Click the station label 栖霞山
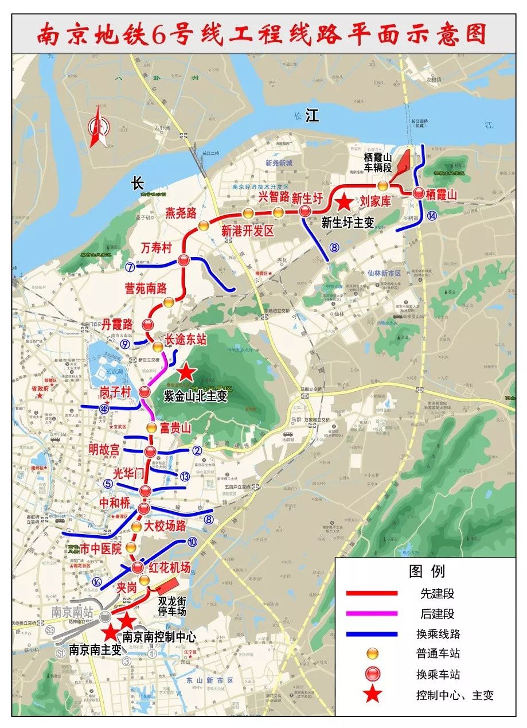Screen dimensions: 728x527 (x=442, y=195)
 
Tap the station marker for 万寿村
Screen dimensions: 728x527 (x=184, y=261)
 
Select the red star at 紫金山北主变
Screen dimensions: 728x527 (x=186, y=373)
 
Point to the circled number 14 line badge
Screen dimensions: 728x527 (x=431, y=216)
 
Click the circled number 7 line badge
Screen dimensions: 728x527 (x=130, y=267)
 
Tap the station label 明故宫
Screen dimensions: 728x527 (x=104, y=450)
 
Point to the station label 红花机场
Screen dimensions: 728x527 (x=169, y=567)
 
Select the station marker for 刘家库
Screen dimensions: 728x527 (x=382, y=185)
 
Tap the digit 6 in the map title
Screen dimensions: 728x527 (x=159, y=34)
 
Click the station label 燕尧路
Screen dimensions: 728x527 (x=181, y=213)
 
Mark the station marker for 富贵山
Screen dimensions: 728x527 (x=151, y=428)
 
